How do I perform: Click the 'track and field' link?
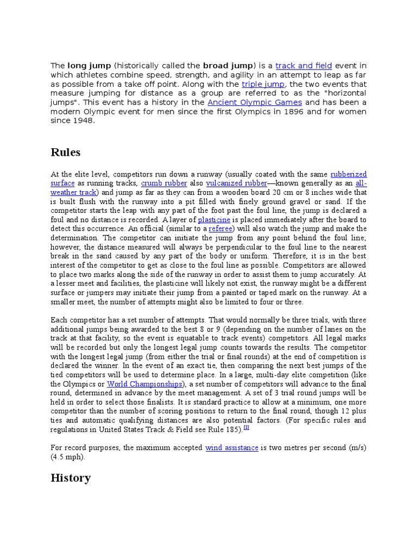304,66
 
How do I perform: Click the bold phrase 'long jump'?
89,66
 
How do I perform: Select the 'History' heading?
70,478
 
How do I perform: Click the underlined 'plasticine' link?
214,220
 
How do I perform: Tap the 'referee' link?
220,229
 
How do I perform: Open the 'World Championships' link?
144,384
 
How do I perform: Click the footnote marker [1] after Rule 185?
246,428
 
